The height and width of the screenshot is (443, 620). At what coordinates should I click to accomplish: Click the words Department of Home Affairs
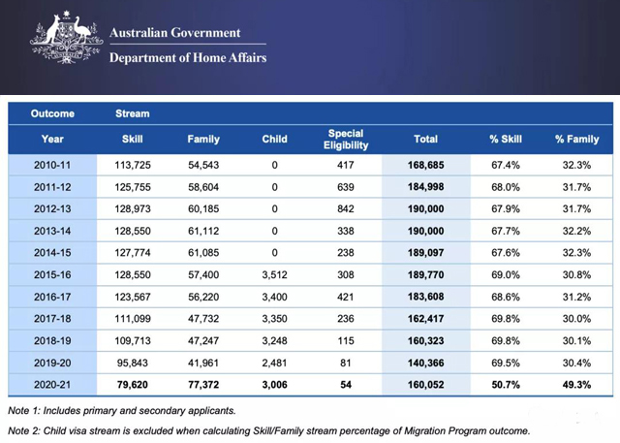[x=188, y=58]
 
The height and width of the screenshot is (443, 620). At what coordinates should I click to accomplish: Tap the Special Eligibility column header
[x=346, y=140]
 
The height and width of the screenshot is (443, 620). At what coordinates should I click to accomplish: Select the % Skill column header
[x=506, y=140]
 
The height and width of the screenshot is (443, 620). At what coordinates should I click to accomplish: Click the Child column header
[x=274, y=140]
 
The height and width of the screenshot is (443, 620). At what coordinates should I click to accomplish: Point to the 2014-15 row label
[x=52, y=253]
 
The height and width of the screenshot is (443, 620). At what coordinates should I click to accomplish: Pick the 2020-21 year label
[x=52, y=385]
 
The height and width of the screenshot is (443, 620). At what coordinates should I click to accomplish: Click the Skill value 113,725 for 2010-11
[x=133, y=165]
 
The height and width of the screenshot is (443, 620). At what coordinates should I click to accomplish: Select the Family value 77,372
[x=203, y=385]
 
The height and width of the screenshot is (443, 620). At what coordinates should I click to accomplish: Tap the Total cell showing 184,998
[x=426, y=187]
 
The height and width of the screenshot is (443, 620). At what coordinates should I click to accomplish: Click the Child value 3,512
[x=274, y=275]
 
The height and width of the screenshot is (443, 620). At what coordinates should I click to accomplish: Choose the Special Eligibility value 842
[x=346, y=208]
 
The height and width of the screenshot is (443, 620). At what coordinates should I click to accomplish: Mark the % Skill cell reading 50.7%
[x=506, y=385]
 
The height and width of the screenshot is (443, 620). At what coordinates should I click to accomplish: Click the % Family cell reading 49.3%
[x=576, y=385]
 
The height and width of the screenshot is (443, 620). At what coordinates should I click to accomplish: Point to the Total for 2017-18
[x=426, y=319]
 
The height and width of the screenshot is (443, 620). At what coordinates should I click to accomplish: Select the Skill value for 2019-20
[x=133, y=363]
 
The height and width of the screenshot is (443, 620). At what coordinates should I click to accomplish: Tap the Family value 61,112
[x=203, y=231]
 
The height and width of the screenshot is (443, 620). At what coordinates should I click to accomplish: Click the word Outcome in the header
[x=52, y=113]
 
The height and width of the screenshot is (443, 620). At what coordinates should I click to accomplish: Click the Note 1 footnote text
[x=122, y=411]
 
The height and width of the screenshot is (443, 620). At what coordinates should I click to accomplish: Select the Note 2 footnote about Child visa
[x=269, y=430]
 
